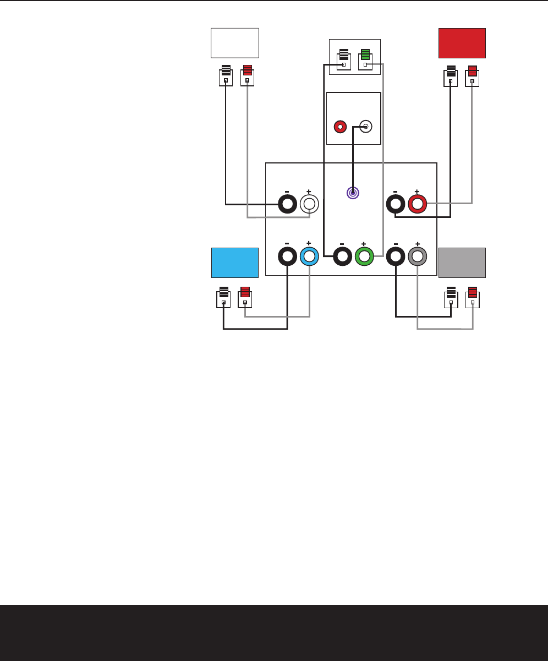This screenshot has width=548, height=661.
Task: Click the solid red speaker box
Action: click(x=462, y=43)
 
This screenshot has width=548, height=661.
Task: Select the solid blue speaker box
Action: click(x=235, y=263)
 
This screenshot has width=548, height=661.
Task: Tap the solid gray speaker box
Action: click(x=462, y=263)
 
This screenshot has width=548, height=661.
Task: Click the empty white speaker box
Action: click(x=235, y=43)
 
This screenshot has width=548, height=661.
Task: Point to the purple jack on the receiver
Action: click(x=353, y=193)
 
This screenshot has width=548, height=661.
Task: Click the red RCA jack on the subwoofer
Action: click(x=341, y=127)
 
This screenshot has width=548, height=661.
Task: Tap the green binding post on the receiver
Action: click(x=364, y=256)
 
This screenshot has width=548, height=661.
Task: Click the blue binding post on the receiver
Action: click(x=309, y=256)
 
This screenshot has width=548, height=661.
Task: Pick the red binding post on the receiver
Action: click(x=417, y=204)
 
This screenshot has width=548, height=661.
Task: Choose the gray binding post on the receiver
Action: click(x=417, y=256)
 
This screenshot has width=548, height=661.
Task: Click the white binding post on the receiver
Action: click(x=309, y=204)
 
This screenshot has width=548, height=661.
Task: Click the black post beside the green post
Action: click(x=342, y=256)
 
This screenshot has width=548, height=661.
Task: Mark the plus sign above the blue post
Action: click(x=309, y=243)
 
